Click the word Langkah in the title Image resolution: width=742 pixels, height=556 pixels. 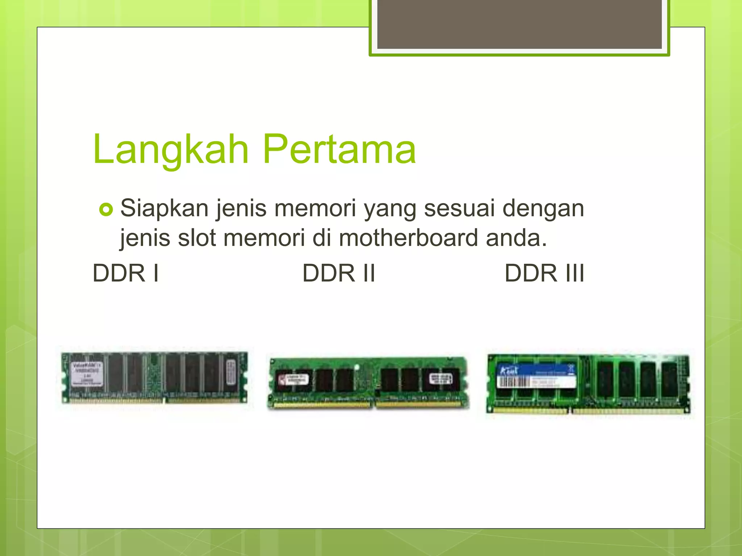pos(171,149)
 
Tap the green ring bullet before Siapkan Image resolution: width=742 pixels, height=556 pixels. pos(106,210)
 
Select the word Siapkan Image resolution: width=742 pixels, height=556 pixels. pos(164,209)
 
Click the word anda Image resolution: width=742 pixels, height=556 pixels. pos(516,239)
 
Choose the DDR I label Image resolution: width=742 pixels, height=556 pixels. pos(126,273)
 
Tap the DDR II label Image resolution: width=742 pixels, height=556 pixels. pos(339,273)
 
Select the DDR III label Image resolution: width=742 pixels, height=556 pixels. pos(544,273)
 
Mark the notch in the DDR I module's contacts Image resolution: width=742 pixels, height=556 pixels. pos(164,400)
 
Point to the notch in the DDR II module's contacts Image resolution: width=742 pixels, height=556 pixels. pos(374,404)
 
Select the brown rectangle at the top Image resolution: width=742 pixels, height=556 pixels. pos(519,25)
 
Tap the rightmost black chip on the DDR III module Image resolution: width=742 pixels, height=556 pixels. pos(670,378)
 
